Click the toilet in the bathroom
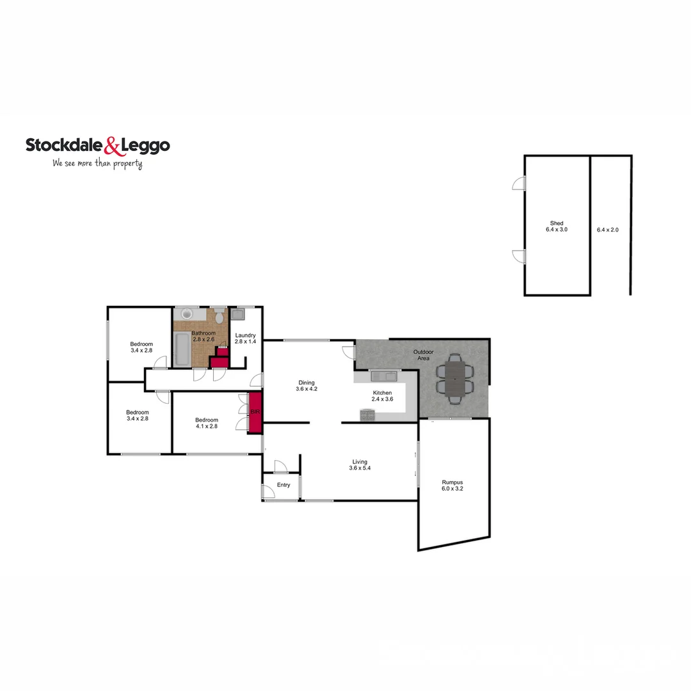(x=219, y=315)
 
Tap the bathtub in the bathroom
(x=180, y=349)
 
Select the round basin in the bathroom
(x=187, y=314)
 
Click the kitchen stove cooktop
(x=368, y=415)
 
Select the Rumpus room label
(x=452, y=482)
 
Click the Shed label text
(x=557, y=223)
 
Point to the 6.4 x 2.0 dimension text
(x=607, y=229)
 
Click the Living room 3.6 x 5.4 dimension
(x=360, y=468)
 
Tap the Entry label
(x=283, y=485)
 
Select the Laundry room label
(x=245, y=335)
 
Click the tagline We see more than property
(x=97, y=163)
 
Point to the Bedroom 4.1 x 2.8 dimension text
(x=207, y=425)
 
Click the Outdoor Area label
(x=423, y=355)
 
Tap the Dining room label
(x=306, y=383)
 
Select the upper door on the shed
(x=519, y=184)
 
